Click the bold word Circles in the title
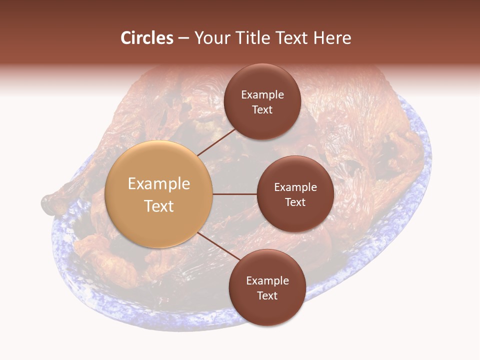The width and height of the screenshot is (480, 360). point(147,38)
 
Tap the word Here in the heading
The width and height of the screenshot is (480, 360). point(331,38)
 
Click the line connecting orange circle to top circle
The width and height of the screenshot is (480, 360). point(216,142)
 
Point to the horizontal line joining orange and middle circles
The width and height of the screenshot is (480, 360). point(235,194)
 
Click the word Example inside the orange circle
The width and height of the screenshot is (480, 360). point(159,184)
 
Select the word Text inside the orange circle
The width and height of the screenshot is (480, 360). point(159,206)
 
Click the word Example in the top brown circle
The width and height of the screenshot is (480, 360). point(262,95)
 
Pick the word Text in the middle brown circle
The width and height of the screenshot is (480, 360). point(295,202)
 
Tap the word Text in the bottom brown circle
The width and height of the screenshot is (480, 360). point(267,295)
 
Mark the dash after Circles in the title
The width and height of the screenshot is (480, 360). point(183,38)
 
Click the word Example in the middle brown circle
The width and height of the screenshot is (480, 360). point(295,187)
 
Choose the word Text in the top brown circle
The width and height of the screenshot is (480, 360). point(262,109)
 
